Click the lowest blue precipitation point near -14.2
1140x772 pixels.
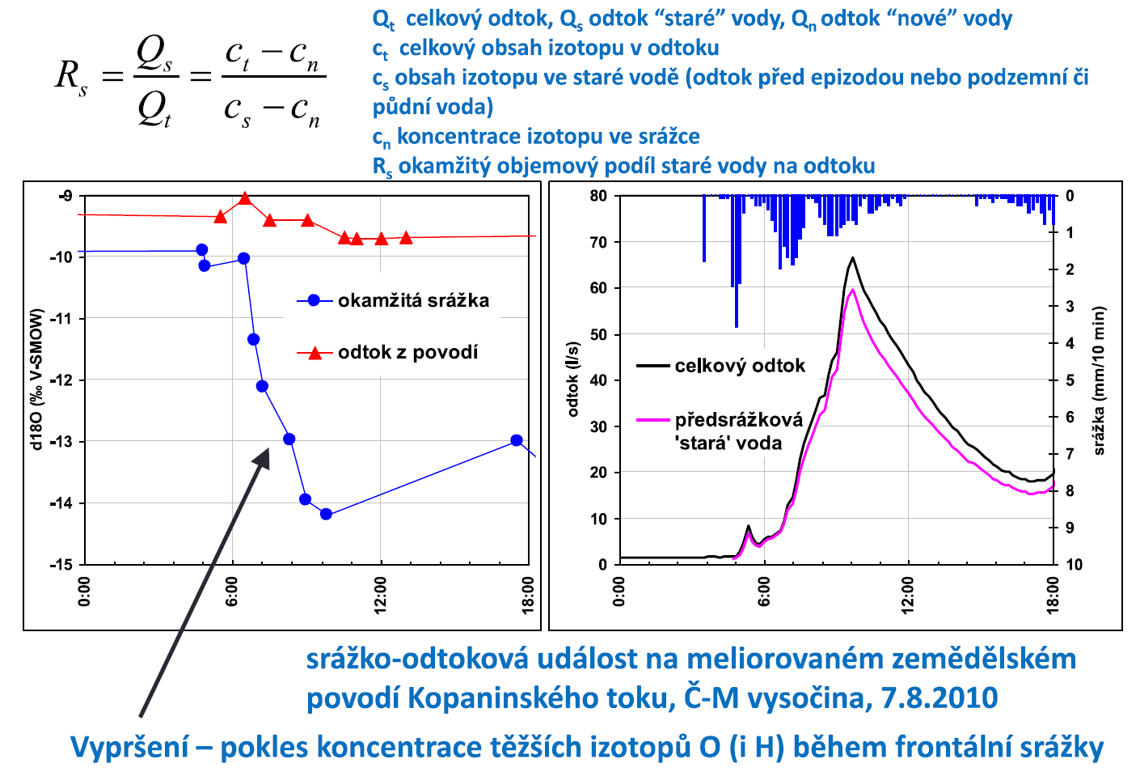click(x=326, y=514)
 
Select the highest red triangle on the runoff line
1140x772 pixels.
click(x=245, y=199)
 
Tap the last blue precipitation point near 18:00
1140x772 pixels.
click(x=517, y=440)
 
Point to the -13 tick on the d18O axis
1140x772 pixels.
click(x=61, y=442)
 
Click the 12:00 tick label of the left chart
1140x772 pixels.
click(x=381, y=595)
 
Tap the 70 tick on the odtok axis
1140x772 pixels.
click(x=597, y=242)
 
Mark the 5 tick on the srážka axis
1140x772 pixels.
click(x=1070, y=380)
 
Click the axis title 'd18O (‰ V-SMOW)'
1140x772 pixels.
click(x=36, y=379)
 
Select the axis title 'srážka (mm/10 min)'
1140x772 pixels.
click(x=1099, y=380)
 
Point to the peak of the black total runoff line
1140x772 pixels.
click(x=852, y=258)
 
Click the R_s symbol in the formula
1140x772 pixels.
click(x=71, y=76)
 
